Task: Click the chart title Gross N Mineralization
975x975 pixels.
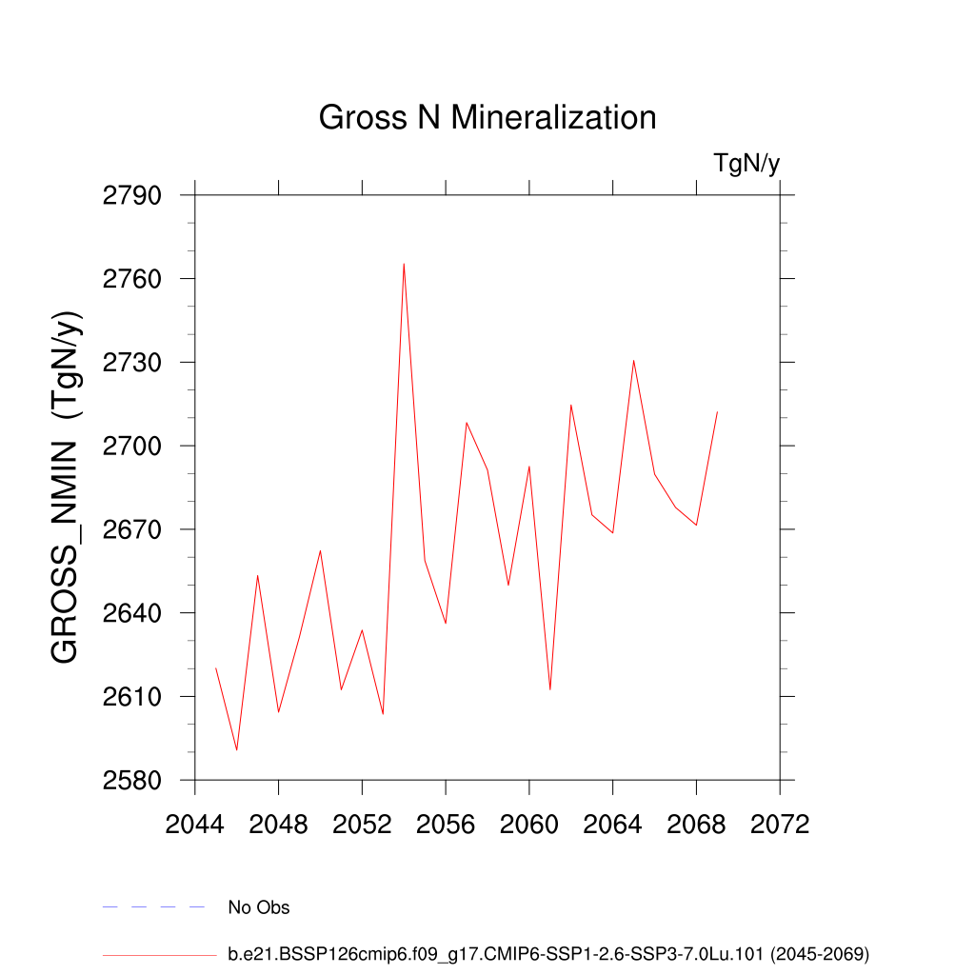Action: point(487,118)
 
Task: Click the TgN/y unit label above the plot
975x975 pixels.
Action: point(746,164)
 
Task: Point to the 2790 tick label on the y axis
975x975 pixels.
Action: point(131,196)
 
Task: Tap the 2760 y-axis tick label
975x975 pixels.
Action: point(131,280)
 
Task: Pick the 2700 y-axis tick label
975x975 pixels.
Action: point(131,447)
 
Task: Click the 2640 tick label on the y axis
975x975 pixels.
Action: point(131,613)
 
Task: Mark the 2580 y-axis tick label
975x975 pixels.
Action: point(131,781)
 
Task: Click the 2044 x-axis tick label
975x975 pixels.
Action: point(194,825)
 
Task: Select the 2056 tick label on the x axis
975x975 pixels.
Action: point(446,825)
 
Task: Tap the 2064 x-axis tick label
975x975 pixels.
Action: point(612,825)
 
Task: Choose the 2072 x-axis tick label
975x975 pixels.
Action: point(780,825)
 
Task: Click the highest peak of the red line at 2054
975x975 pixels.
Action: point(404,264)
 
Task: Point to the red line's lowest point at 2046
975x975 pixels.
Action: point(237,750)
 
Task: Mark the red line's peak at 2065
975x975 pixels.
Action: point(633,360)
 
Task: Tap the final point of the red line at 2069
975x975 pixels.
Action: point(717,411)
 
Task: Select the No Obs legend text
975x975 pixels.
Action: point(258,907)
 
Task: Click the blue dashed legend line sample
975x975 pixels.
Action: point(153,907)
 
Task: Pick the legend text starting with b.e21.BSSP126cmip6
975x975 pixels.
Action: point(548,953)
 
